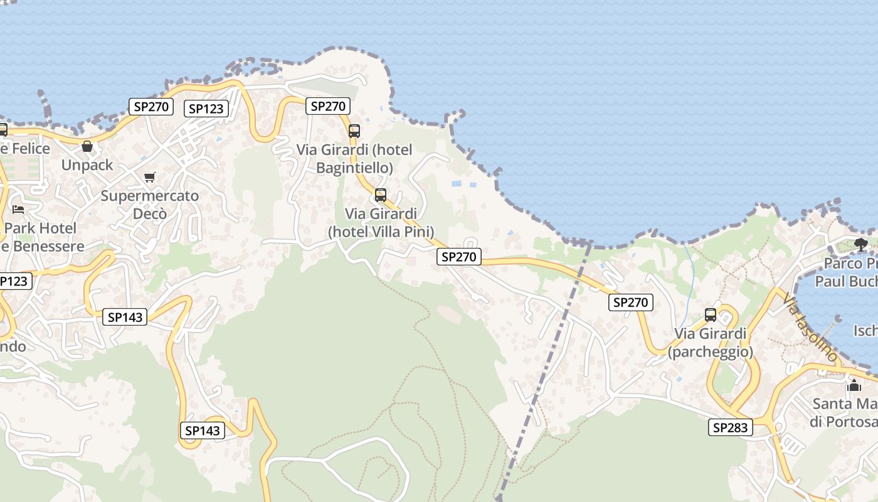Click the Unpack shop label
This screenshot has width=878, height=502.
[87, 165]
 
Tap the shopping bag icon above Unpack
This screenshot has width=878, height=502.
[87, 146]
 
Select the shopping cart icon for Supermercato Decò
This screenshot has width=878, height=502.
[149, 177]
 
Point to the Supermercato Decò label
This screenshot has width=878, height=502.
[150, 205]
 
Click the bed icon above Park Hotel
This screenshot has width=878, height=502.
[18, 209]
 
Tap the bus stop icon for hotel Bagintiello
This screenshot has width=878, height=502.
[354, 131]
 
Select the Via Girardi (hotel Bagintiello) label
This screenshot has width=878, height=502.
[354, 159]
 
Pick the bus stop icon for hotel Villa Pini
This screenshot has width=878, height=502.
[381, 195]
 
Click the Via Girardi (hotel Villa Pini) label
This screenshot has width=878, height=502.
[381, 223]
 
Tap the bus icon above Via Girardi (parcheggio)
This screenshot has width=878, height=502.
[711, 314]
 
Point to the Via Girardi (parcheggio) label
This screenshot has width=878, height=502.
[711, 343]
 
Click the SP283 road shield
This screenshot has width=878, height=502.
[731, 428]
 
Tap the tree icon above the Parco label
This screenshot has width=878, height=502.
[861, 243]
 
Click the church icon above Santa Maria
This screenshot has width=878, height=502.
[854, 385]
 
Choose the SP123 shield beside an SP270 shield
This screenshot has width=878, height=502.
[206, 109]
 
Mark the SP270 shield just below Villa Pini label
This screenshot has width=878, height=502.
[459, 256]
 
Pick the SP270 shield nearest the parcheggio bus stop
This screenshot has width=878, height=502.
[631, 302]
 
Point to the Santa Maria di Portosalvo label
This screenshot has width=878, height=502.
[844, 412]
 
